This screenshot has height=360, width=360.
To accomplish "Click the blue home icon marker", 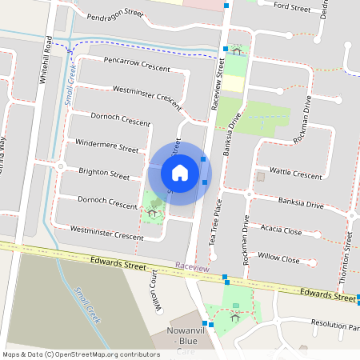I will pos(180,172).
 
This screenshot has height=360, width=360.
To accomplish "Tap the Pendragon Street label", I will pos(116,14).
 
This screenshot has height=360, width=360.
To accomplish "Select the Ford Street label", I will pos(291,7).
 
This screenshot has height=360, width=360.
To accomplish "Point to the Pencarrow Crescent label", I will pos(137,65).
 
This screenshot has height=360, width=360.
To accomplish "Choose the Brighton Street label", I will pos(104,174).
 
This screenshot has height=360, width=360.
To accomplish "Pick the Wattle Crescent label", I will pos(295,172).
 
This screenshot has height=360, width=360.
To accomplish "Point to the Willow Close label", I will pos(279,260).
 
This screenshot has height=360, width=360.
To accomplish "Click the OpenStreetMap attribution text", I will pos(80,354).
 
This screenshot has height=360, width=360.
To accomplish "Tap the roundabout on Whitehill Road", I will pos(60,166).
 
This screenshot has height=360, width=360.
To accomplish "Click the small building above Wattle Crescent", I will pos(259,176).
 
